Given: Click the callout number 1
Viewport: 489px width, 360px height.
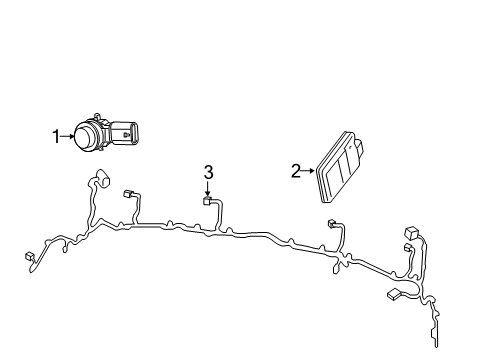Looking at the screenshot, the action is pos(57,134).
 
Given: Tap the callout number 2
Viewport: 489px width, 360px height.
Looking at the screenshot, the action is pos(295,171).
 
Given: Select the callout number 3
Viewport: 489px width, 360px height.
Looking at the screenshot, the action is pos(208,173).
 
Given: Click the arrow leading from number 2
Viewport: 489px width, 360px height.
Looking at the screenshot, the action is pos(308,171).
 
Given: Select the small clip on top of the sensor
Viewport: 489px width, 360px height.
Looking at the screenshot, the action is pos(95,116).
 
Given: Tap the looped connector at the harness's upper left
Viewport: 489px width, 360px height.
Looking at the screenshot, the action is pos(101,181).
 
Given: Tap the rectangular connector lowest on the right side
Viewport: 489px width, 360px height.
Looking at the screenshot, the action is pos(393,294).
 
